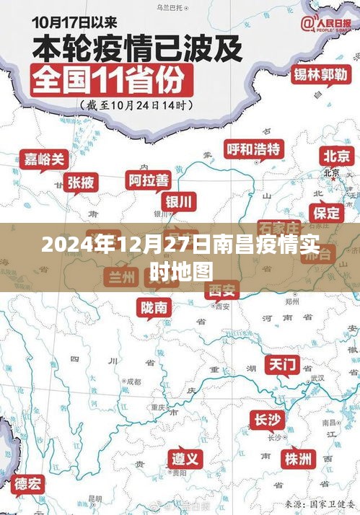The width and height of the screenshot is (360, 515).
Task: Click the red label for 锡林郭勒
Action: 320,74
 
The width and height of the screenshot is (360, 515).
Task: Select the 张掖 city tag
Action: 80,182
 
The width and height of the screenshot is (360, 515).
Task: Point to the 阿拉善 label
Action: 149,179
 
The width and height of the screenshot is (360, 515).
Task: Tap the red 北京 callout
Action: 336,156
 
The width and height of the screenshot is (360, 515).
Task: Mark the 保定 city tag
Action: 325,212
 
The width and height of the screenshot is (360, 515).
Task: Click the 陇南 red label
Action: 154,307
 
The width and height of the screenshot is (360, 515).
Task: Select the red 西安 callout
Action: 221,290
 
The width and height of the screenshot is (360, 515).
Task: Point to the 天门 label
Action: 281,364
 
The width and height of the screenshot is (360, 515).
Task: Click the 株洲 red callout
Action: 298,459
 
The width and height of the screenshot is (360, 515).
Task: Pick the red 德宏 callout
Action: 28,483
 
